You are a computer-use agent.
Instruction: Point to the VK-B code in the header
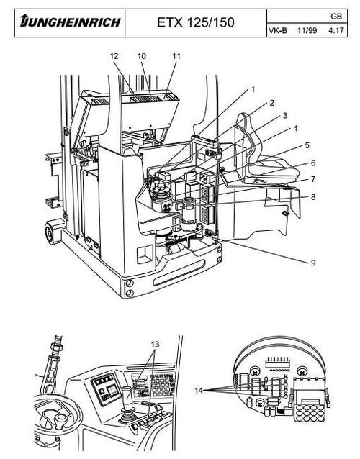pos(277,31)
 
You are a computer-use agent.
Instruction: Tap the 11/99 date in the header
pos(307,31)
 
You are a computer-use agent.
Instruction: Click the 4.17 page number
pos(336,31)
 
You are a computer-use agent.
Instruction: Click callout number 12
pos(114,55)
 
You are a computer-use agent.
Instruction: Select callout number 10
pos(141,55)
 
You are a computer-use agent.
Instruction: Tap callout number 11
pos(176,55)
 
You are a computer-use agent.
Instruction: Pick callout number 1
pos(253,89)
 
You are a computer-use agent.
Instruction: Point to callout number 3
pos(285,115)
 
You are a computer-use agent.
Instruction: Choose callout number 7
pos(313,178)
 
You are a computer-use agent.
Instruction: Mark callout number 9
pos(313,263)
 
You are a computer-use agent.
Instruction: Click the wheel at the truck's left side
pos(53,232)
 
